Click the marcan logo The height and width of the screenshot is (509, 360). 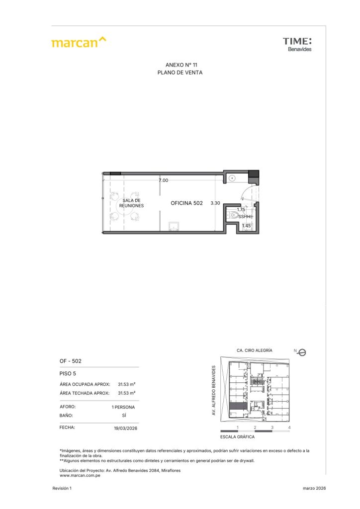(79, 42)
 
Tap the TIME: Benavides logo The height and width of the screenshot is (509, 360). (297, 44)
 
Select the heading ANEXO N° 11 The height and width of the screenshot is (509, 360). (181, 65)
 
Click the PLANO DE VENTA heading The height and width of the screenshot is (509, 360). (180, 73)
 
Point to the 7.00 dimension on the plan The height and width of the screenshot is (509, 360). (163, 180)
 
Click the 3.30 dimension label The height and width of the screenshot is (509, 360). (215, 203)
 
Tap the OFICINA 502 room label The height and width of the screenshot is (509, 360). (186, 203)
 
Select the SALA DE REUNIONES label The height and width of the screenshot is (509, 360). (131, 203)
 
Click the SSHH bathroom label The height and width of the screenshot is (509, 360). (245, 217)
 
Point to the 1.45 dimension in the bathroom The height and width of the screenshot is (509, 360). (247, 226)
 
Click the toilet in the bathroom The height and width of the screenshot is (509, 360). (233, 215)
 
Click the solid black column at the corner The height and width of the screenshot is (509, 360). (254, 174)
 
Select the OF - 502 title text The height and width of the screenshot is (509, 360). (71, 361)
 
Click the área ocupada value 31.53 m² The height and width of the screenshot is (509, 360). (127, 384)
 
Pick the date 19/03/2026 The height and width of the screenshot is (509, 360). (126, 428)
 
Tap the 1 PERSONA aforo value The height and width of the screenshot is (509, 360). (123, 407)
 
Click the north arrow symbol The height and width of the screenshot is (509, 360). (302, 352)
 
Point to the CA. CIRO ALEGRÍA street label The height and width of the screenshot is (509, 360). (255, 350)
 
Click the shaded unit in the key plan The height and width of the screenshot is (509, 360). (239, 406)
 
